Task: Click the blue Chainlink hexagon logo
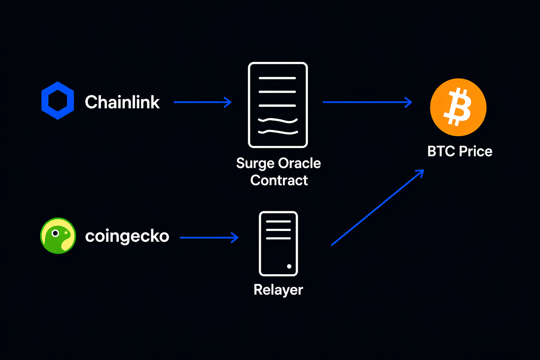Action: point(58,101)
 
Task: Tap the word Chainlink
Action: point(122,102)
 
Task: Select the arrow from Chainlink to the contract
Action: point(202,102)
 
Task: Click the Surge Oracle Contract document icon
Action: point(278,105)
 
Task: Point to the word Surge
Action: point(255,163)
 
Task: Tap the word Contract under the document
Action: point(279,180)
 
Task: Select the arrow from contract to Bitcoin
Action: point(367,102)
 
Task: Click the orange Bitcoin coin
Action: point(458,107)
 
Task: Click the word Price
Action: point(476,152)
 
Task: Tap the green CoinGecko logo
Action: point(58,236)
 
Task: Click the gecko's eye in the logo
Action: point(55,233)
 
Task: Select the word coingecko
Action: point(127,236)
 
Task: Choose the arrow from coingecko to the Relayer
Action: point(209,238)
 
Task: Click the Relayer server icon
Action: point(278,244)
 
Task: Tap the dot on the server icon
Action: point(289,266)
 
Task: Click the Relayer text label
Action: point(278,290)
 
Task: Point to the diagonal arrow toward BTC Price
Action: point(377,207)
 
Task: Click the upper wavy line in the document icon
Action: point(278,121)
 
